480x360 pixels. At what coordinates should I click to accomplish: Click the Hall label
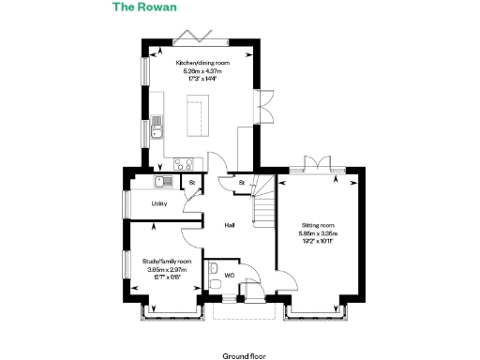[x=229, y=226]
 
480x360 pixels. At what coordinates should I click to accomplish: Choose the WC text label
[x=228, y=275]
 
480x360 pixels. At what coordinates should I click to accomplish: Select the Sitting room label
[x=317, y=226]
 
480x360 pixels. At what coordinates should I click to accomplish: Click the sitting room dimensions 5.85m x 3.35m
[x=317, y=233]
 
